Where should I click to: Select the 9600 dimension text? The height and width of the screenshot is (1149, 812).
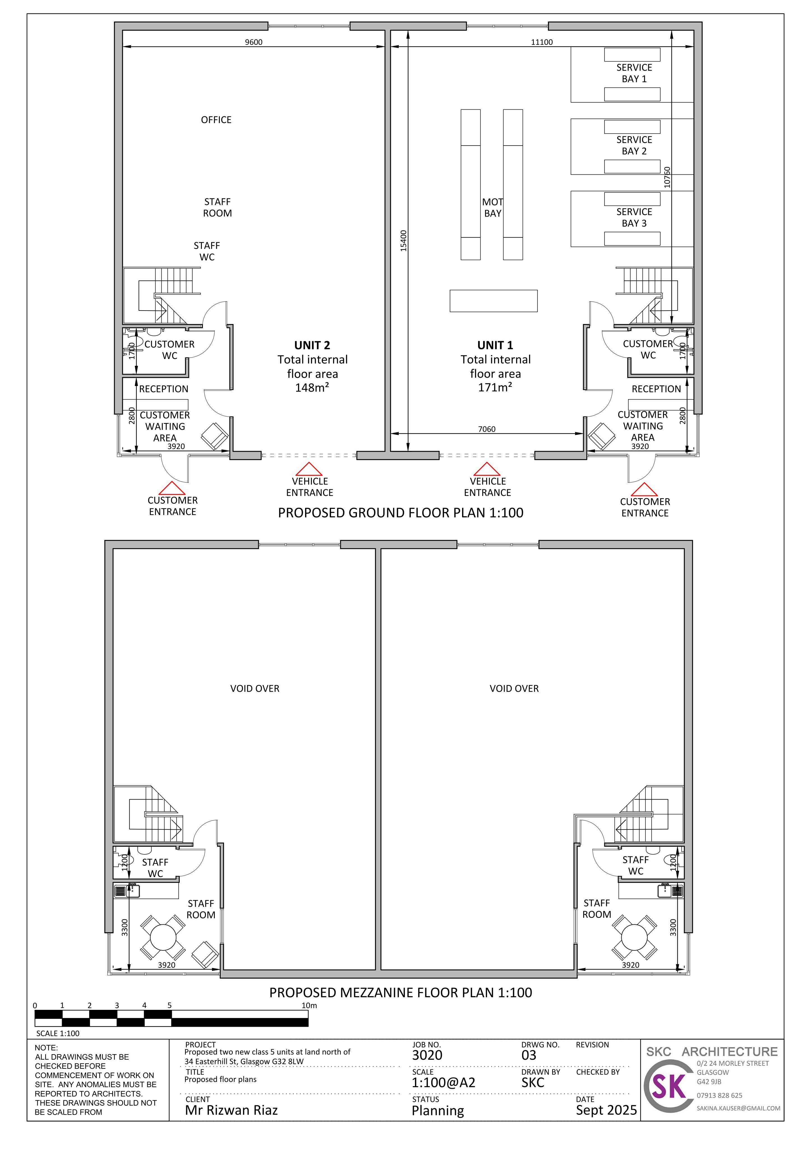click(x=254, y=42)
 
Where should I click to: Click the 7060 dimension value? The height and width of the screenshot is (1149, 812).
click(x=487, y=429)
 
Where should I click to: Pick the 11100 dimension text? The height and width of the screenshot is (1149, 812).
click(x=542, y=42)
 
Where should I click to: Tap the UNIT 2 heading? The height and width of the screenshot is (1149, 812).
click(x=312, y=345)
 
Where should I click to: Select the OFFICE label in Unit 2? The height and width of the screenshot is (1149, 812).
click(x=216, y=120)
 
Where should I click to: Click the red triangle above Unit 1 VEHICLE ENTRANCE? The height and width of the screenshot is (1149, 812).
click(x=487, y=469)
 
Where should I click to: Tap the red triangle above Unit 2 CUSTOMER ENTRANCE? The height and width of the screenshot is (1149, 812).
click(x=172, y=488)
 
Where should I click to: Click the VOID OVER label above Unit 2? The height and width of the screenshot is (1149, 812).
click(x=255, y=689)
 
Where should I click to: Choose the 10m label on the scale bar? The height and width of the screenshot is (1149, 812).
click(x=309, y=1005)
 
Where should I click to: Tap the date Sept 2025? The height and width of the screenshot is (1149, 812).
click(x=606, y=1111)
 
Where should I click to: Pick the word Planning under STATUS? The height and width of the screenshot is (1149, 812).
click(x=438, y=1111)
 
